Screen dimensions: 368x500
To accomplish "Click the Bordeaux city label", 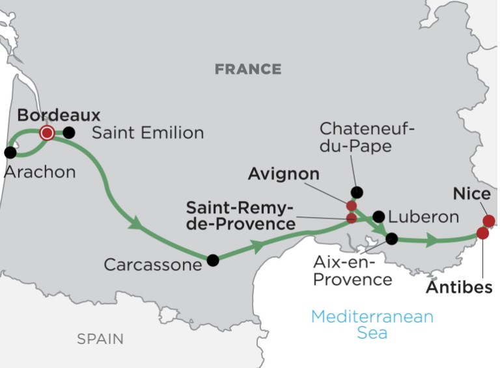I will (x=59, y=115).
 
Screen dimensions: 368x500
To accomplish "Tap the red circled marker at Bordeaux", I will (x=47, y=133).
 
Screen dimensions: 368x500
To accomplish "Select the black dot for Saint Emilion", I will (x=68, y=133).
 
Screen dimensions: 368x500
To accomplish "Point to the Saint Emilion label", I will (x=148, y=133).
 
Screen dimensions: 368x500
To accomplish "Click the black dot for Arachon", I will (x=10, y=153).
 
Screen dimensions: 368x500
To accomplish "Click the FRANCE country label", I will (x=248, y=69).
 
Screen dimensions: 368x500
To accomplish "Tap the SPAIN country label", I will (x=100, y=339).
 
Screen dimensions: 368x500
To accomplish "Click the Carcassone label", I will (x=152, y=265).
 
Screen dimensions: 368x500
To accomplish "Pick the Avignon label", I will (x=284, y=174).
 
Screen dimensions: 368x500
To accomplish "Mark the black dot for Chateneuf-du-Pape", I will (x=356, y=192).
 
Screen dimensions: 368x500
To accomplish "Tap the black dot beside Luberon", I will (x=378, y=217).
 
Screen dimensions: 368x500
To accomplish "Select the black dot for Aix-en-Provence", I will (x=391, y=239).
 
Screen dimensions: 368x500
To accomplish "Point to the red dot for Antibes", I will (x=482, y=233).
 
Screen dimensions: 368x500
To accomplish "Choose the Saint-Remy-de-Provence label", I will (x=240, y=216).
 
